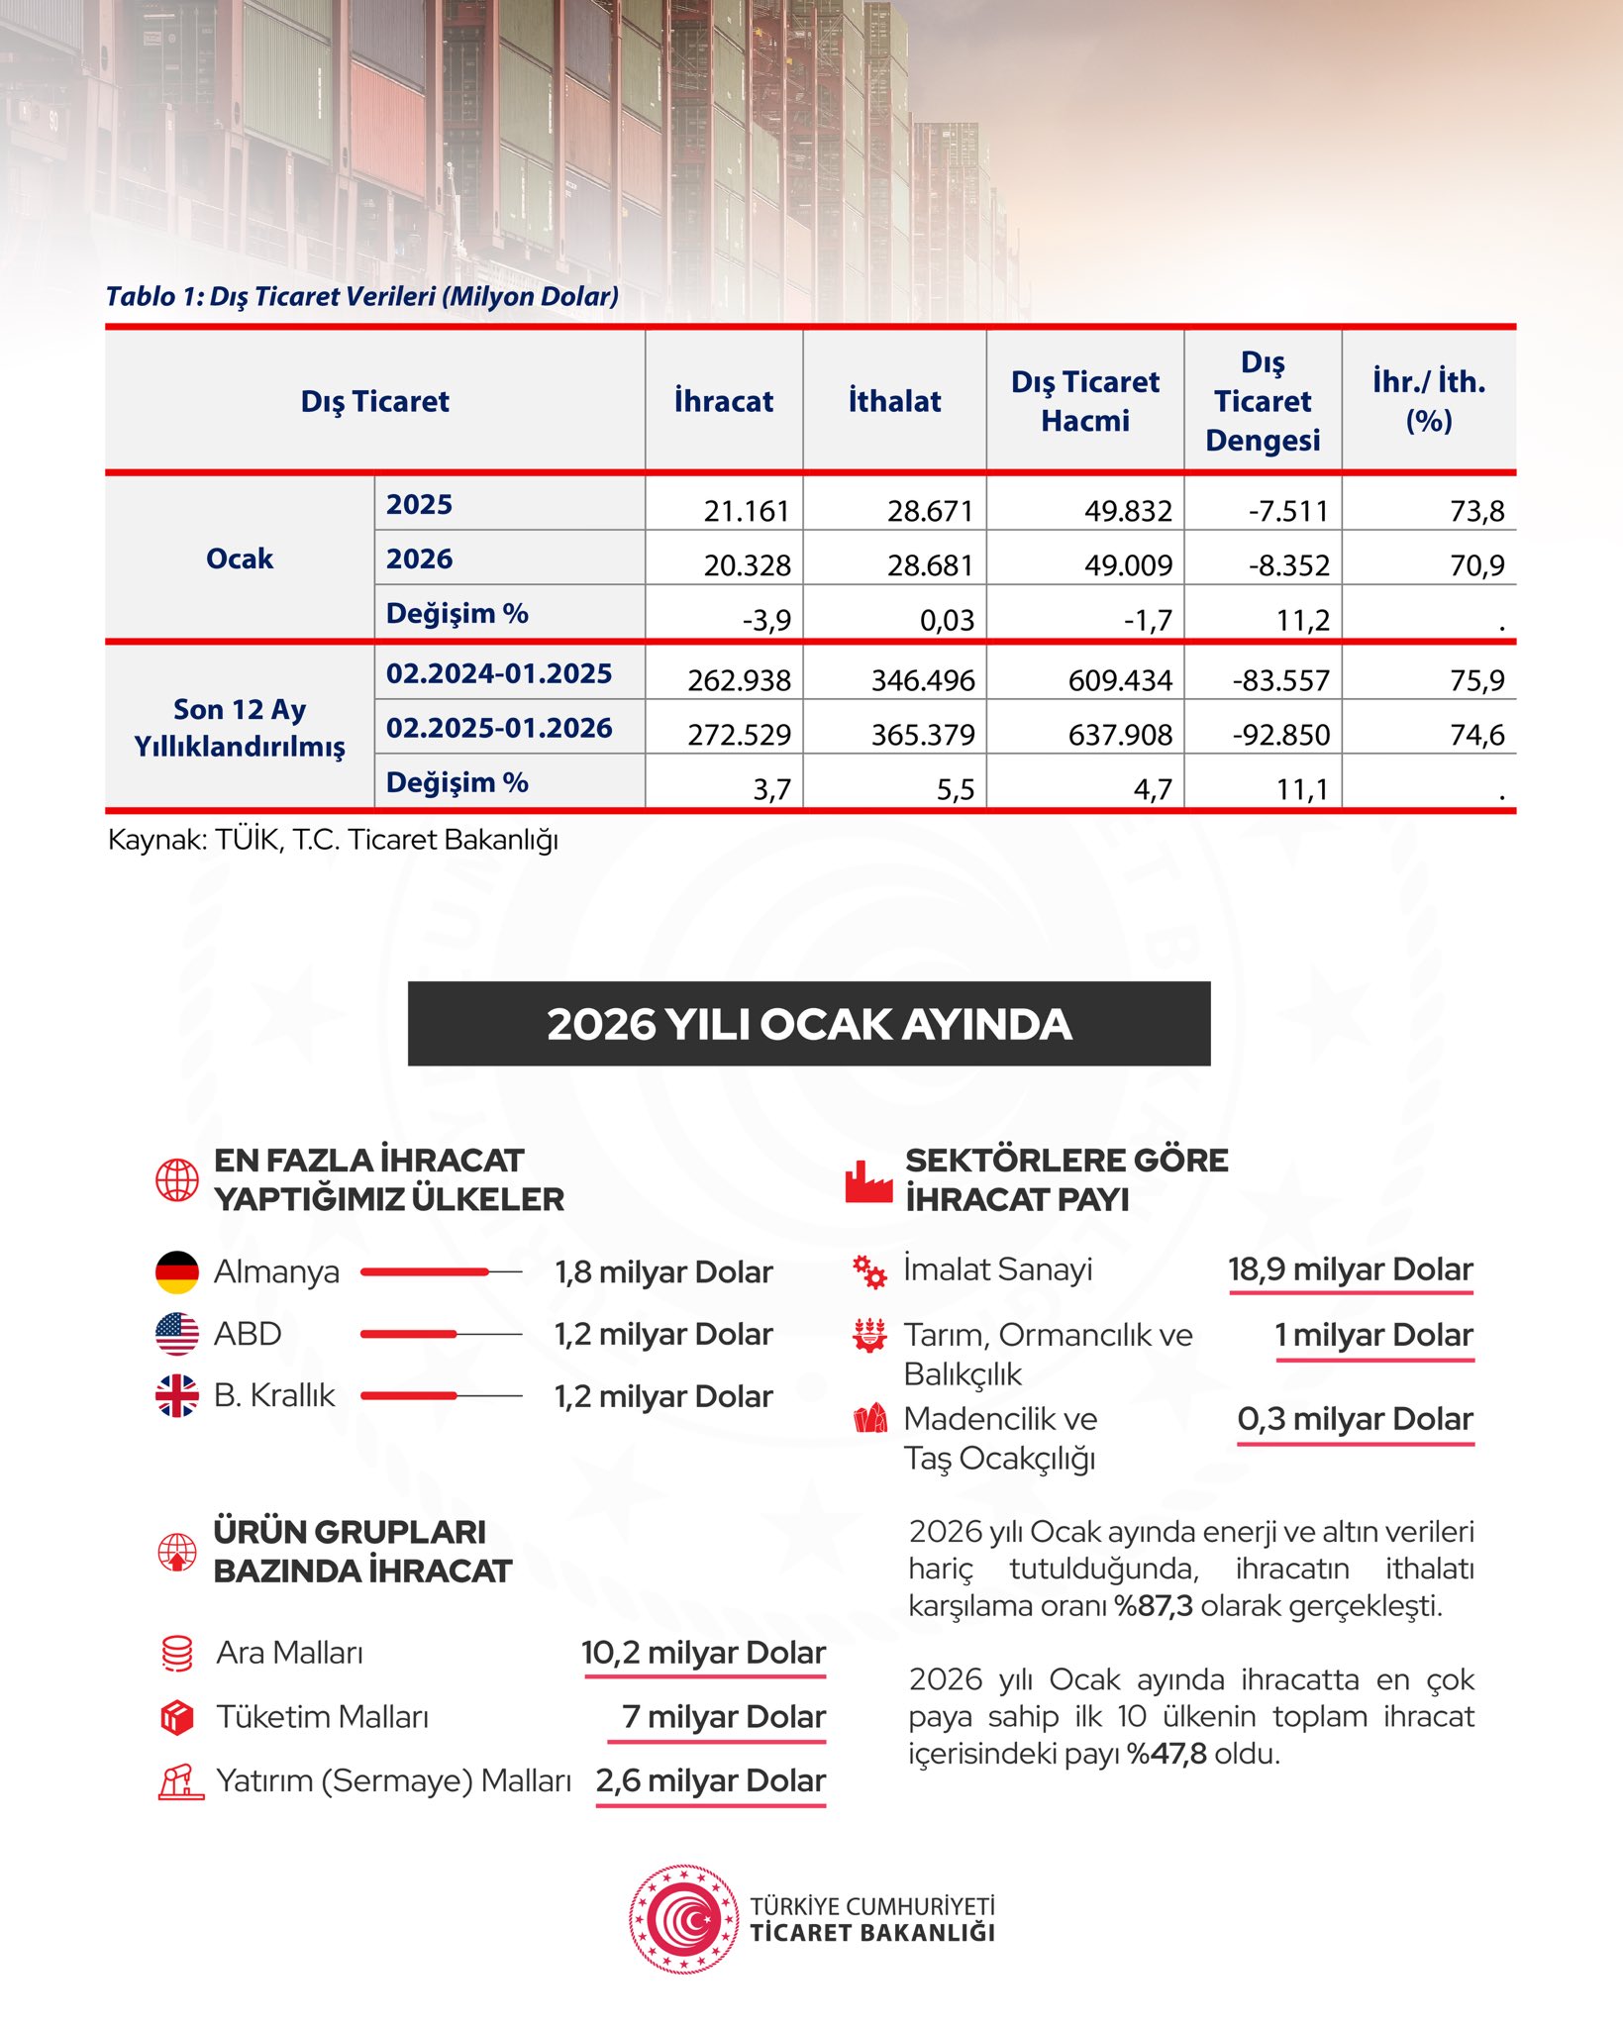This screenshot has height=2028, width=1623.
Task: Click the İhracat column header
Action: coord(723,401)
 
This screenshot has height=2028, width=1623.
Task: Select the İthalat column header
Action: coord(894,401)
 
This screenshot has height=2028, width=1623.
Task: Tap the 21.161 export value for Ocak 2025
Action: coord(746,511)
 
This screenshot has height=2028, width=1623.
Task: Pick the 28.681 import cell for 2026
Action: coord(930,565)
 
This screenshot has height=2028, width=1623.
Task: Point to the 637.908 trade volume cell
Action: coord(1119,735)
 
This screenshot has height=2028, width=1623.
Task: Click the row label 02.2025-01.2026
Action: coord(499,728)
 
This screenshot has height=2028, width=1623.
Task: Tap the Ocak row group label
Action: coord(240,558)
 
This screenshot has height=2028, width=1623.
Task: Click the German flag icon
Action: coord(177,1272)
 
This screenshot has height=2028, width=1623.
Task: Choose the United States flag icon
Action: coord(177,1334)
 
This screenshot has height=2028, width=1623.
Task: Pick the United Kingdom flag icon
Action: coord(177,1395)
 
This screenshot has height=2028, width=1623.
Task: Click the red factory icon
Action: coord(868,1180)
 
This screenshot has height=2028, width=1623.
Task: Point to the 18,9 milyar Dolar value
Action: coord(1351,1269)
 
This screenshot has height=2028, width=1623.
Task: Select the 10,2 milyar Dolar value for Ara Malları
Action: coord(703,1653)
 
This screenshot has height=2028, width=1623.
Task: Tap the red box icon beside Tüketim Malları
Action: coord(177,1717)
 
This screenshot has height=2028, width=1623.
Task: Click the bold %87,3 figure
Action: coord(1154,1605)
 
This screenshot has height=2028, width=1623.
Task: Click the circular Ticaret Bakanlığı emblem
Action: coord(683,1919)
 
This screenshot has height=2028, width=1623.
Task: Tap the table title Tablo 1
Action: coord(362,296)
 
